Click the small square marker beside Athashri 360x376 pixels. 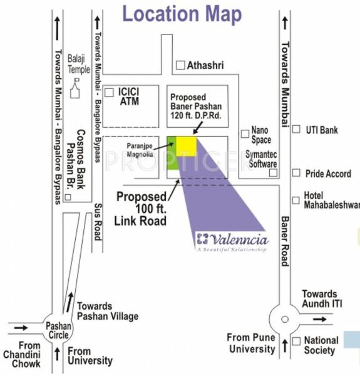coord(180,65)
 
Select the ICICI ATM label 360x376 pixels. coord(128,96)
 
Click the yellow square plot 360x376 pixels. coord(186,145)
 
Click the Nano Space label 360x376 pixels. coord(261,135)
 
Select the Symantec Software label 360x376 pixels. coord(262,159)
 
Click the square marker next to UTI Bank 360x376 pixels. coord(296,130)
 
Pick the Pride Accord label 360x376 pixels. coord(328,173)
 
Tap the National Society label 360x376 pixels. coord(321,345)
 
